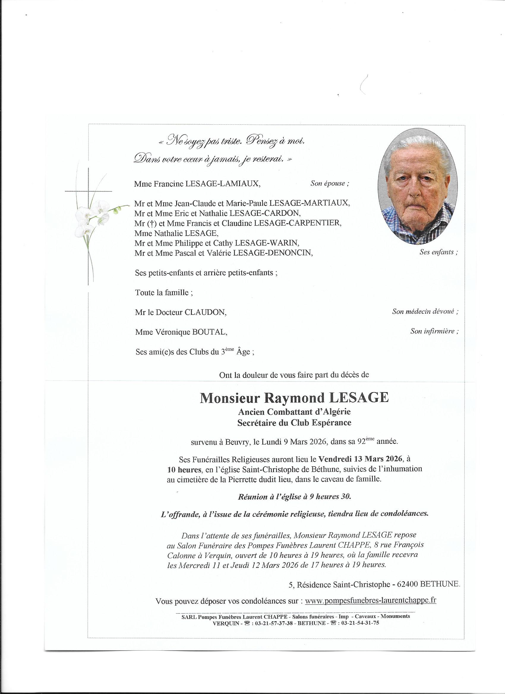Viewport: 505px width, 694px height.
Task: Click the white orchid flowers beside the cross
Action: (x=92, y=218)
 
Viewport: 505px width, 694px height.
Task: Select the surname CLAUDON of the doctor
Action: (x=205, y=313)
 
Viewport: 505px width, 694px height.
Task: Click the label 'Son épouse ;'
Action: (x=330, y=184)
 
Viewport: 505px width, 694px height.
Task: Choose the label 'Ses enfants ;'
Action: (x=438, y=252)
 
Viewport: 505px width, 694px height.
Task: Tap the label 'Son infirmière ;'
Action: (x=434, y=331)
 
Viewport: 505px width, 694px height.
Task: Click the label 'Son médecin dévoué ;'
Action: (x=425, y=311)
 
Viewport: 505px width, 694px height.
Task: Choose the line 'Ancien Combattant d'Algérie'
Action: (x=294, y=412)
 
